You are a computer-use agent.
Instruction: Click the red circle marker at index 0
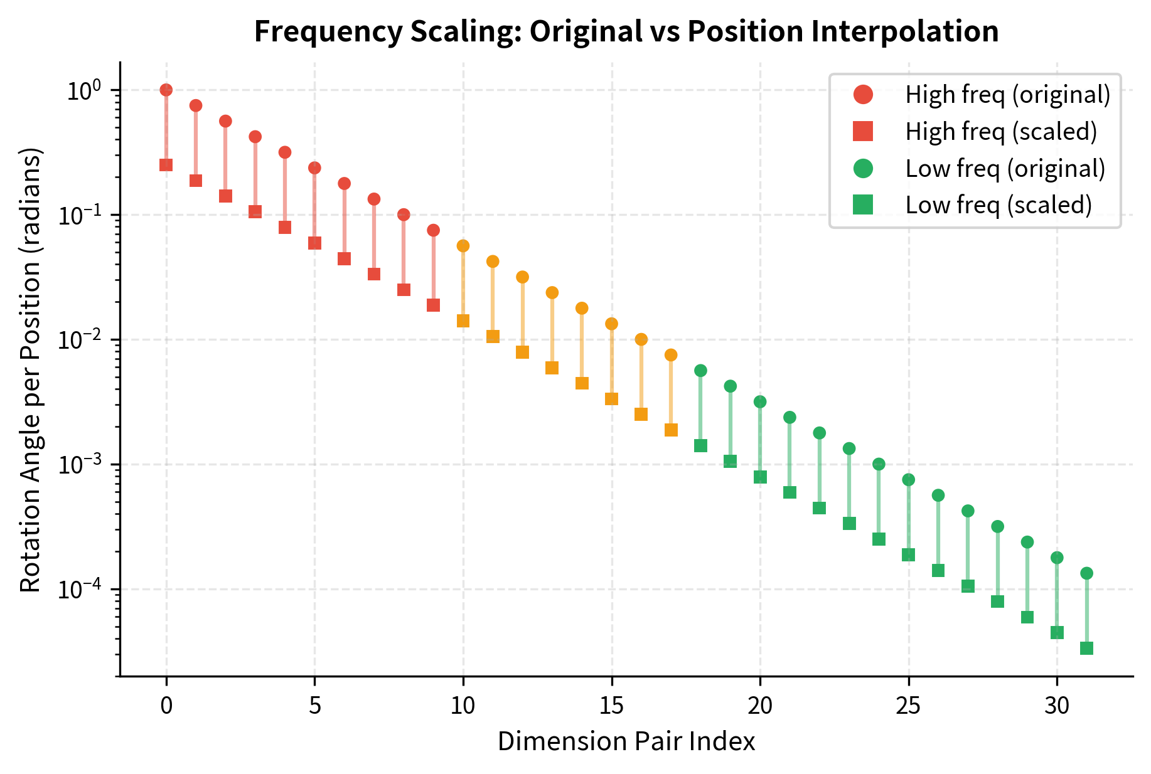(166, 90)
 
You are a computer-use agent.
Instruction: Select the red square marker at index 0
(166, 165)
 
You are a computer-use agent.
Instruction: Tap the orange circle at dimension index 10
(463, 246)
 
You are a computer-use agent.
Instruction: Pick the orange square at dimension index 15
(611, 399)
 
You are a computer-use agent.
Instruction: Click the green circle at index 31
(1086, 573)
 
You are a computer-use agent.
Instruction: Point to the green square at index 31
(1086, 648)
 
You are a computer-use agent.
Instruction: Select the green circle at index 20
(760, 402)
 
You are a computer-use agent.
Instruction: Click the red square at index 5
(314, 243)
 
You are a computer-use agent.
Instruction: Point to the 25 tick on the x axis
(908, 706)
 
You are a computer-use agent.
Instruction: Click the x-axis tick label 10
(463, 706)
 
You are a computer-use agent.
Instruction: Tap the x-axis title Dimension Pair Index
(626, 741)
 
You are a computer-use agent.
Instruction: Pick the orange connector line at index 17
(671, 393)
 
